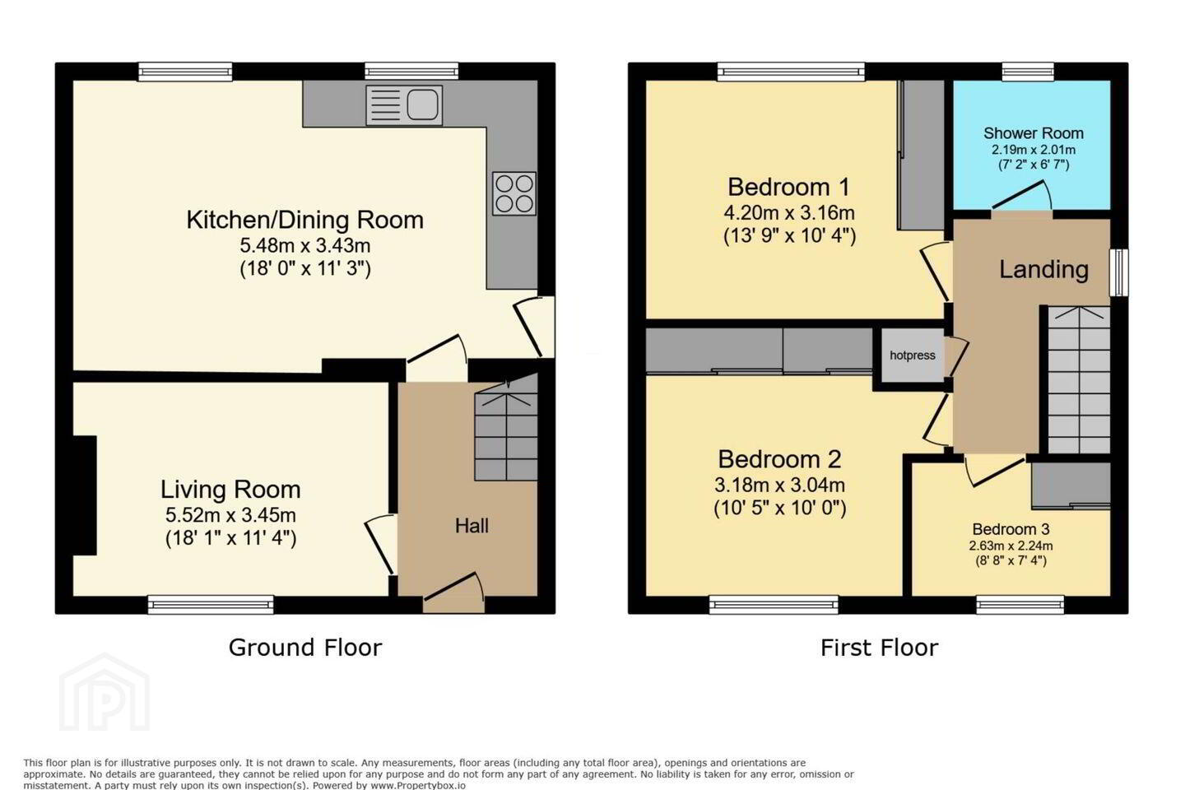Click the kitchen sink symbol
(x=404, y=105)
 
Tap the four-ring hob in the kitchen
(x=513, y=193)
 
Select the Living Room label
(x=230, y=490)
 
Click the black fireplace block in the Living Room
(x=85, y=495)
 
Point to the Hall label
(x=472, y=526)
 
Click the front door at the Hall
(x=454, y=592)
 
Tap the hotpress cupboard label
(x=912, y=355)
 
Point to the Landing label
(x=1043, y=269)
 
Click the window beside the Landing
(x=1119, y=272)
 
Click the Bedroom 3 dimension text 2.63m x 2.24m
(x=1011, y=546)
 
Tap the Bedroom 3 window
(x=1020, y=605)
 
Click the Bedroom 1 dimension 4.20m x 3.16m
(x=789, y=212)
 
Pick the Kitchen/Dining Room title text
(x=304, y=220)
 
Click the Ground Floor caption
(x=305, y=648)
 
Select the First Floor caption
(x=879, y=648)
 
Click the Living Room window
(x=211, y=605)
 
